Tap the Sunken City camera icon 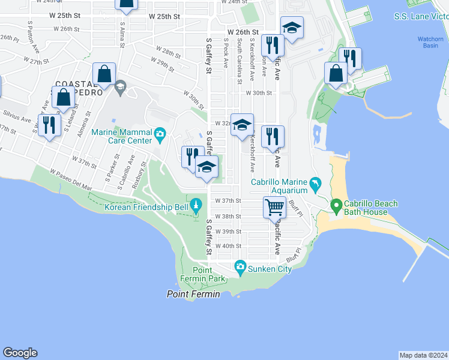tap(241, 266)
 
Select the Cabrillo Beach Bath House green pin tap(336, 207)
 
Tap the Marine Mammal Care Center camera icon tap(160, 133)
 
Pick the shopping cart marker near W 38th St tap(274, 208)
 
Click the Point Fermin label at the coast tap(193, 294)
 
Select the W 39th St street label tap(228, 231)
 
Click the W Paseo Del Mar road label tap(71, 179)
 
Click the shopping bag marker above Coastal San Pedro tap(104, 74)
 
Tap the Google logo tap(20, 353)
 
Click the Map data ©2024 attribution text tap(424, 355)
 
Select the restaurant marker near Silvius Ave tap(49, 125)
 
